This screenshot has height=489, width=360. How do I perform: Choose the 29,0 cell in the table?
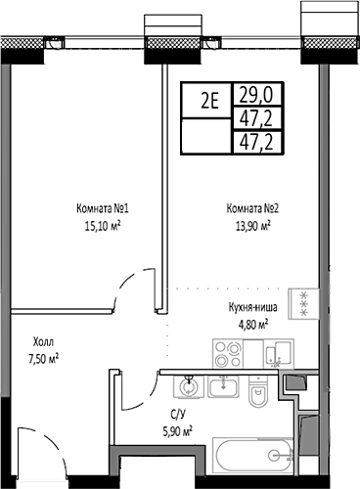tap(250, 95)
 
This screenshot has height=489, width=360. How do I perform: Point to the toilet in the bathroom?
tap(256, 395)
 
